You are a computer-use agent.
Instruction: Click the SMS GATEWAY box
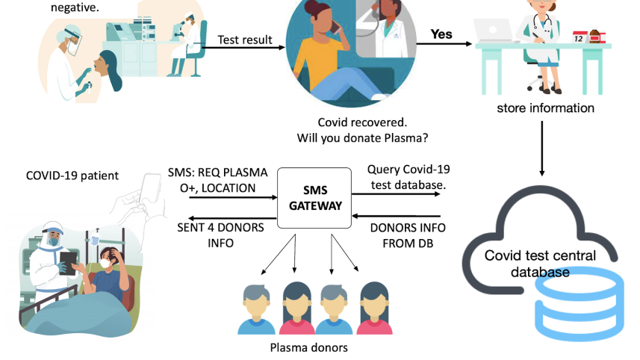pos(314,197)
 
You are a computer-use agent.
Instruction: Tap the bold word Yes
pos(441,34)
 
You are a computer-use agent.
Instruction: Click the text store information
pos(545,108)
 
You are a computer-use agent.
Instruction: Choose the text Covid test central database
pos(540,264)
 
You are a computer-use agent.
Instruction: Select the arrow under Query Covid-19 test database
pos(396,195)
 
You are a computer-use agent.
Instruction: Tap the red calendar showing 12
pos(580,37)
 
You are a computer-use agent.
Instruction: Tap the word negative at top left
pos(75,7)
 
